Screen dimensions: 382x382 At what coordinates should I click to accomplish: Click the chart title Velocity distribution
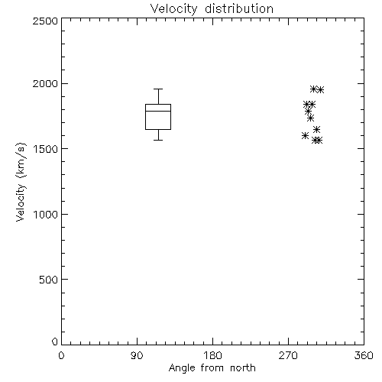(x=212, y=9)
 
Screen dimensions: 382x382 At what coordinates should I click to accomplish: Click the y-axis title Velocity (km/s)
(x=21, y=183)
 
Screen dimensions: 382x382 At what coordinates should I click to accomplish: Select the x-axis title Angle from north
(x=212, y=368)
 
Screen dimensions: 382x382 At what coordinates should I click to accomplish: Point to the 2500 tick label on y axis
(x=45, y=21)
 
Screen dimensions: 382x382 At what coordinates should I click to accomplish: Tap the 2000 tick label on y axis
(x=45, y=83)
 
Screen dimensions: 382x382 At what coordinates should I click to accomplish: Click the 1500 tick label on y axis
(x=46, y=149)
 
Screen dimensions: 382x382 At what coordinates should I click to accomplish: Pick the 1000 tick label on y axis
(x=46, y=214)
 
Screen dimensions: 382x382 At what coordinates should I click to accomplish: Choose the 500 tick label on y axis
(x=49, y=280)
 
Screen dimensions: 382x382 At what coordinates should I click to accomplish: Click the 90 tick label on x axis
(x=137, y=355)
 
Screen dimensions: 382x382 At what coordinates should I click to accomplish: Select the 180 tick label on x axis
(x=212, y=355)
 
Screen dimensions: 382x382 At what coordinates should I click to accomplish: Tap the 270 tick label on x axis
(x=288, y=355)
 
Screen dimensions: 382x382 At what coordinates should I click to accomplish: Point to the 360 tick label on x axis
(x=364, y=355)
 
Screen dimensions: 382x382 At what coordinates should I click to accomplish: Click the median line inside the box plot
(x=158, y=111)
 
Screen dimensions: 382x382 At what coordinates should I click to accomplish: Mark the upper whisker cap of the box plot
(x=158, y=89)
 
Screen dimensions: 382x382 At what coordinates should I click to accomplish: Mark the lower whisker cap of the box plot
(x=158, y=140)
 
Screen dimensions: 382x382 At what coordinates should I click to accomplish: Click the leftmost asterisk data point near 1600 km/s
(x=305, y=135)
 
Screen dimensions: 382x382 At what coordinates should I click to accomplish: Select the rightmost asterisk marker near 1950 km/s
(x=320, y=89)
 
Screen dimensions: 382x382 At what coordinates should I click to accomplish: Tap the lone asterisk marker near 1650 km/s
(x=316, y=130)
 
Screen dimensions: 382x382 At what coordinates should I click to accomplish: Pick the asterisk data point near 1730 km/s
(x=310, y=118)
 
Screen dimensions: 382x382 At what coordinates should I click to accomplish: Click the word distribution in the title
(x=239, y=9)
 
